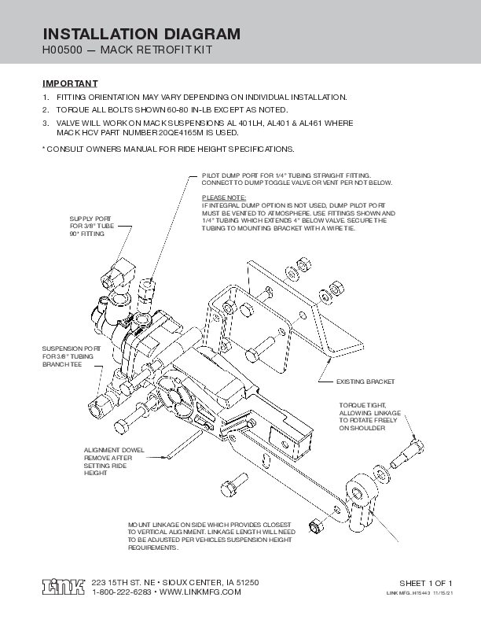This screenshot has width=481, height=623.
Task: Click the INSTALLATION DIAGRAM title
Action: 141,34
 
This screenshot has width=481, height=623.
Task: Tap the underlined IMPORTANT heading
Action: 69,83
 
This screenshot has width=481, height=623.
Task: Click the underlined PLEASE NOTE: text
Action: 224,197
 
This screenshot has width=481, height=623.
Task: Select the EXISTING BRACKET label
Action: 365,382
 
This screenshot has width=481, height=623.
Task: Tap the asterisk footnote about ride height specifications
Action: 167,149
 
